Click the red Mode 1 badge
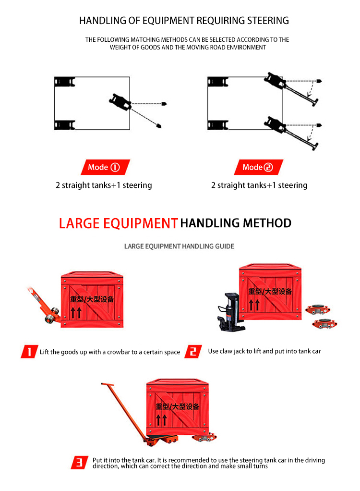coord(103,167)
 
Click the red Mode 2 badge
coord(258,167)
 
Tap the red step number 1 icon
coord(30,352)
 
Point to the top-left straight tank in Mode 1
coord(64,82)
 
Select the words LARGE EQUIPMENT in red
coord(118,223)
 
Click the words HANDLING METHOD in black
coord(236,223)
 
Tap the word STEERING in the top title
coord(267,21)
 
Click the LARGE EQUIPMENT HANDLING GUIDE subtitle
coord(179,246)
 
